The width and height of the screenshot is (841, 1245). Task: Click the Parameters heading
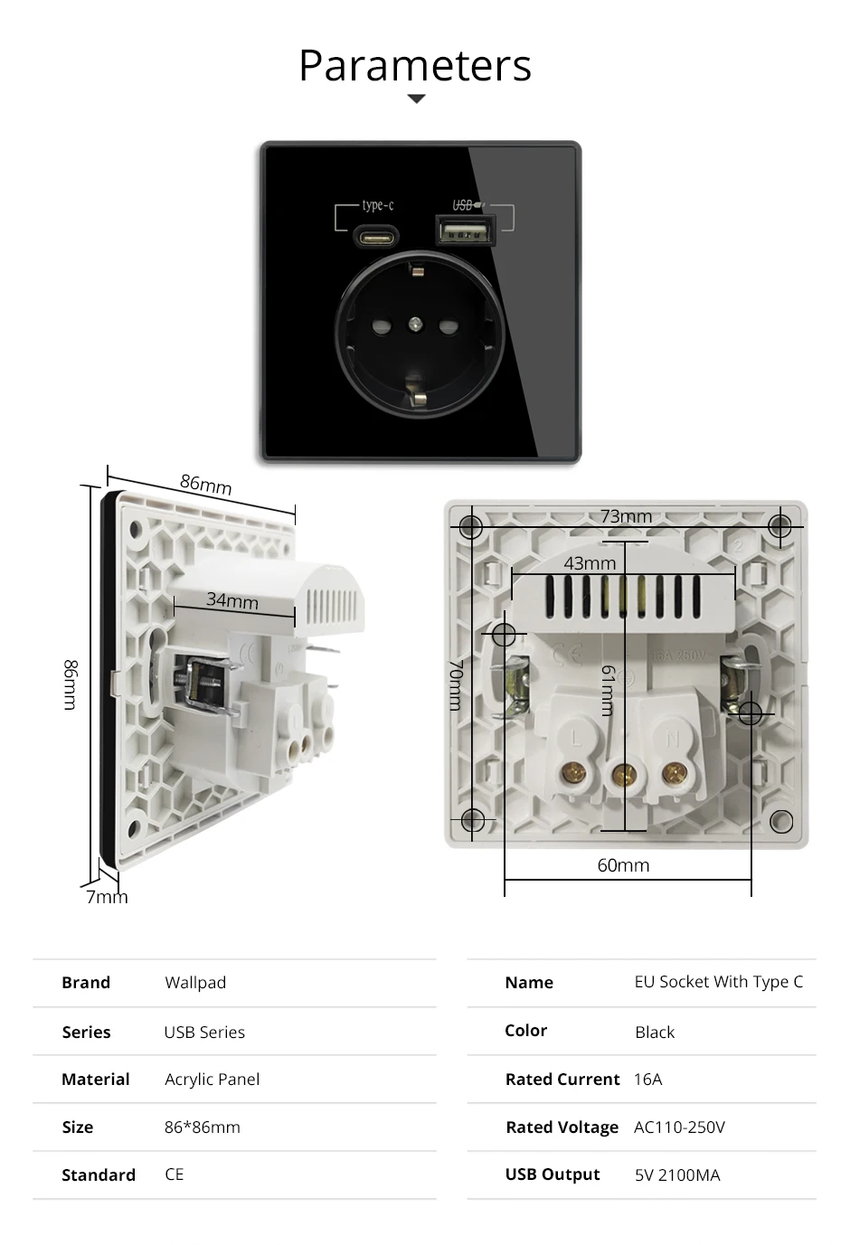click(415, 66)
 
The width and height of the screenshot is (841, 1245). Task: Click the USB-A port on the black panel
click(465, 231)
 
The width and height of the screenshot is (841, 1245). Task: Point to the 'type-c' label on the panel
click(377, 205)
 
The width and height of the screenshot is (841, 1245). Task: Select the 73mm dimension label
click(626, 516)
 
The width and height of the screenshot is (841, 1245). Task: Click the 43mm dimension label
click(590, 563)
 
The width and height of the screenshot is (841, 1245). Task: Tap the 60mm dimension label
click(623, 865)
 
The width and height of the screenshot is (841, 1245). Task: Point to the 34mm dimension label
click(232, 600)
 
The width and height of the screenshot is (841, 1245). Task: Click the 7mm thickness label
click(107, 897)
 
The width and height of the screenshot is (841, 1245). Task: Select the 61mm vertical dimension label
click(608, 690)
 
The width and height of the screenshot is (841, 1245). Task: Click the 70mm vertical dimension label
click(456, 684)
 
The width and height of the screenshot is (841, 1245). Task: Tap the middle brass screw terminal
click(624, 773)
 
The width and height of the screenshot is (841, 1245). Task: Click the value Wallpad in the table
click(195, 983)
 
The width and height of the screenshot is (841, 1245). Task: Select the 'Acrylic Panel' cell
click(212, 1080)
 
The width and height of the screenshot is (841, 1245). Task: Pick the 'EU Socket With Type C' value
click(718, 982)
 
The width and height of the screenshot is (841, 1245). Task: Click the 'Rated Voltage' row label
click(562, 1127)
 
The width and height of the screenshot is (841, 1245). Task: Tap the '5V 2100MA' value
click(677, 1175)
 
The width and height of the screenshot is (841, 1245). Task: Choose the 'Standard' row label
click(99, 1175)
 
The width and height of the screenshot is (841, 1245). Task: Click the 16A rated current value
click(647, 1080)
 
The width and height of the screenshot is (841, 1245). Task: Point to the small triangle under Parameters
click(416, 99)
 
